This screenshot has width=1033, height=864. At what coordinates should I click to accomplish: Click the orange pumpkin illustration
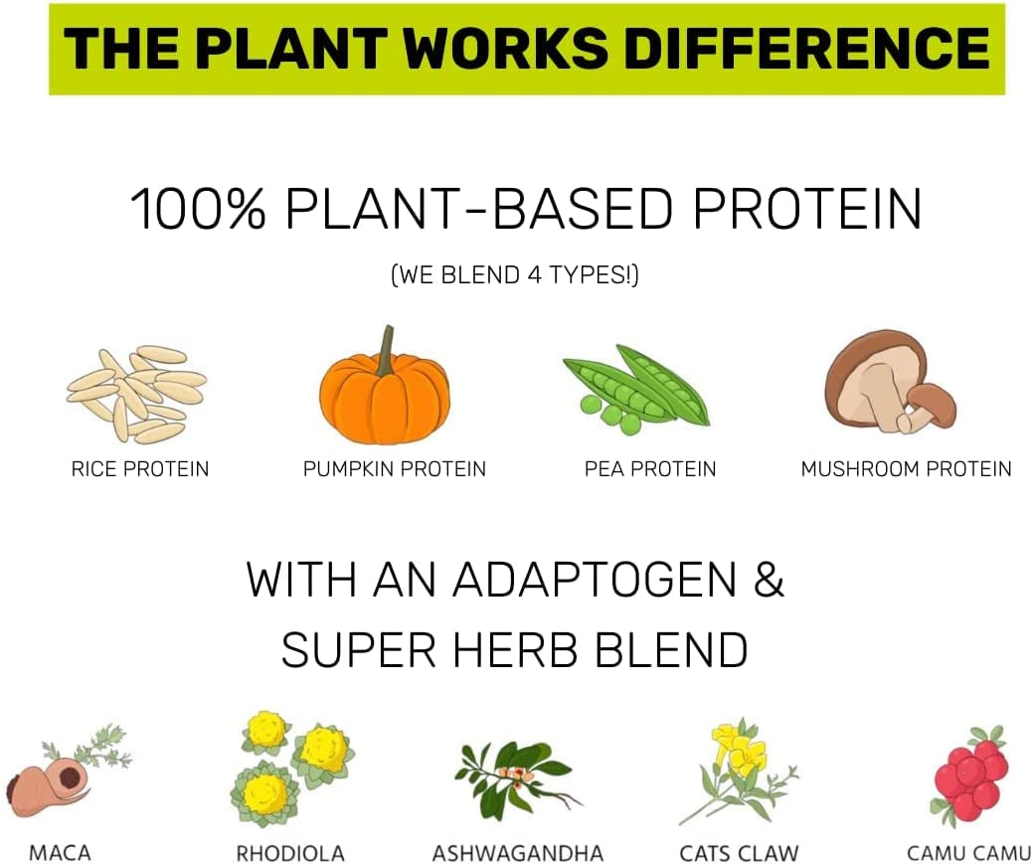tap(385, 398)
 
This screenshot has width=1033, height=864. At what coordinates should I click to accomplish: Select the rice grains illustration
tap(136, 393)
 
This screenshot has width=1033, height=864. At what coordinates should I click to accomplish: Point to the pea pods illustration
tap(634, 390)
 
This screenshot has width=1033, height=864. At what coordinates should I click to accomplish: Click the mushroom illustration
tap(890, 381)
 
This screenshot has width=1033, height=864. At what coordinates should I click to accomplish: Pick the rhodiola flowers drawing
tap(292, 768)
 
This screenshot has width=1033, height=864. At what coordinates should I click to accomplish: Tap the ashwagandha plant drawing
tap(518, 778)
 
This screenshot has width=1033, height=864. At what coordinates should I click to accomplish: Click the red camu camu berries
tap(968, 776)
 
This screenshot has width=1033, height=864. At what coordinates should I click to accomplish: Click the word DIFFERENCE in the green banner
tap(806, 49)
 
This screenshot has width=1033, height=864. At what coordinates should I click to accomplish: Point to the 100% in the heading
tap(198, 209)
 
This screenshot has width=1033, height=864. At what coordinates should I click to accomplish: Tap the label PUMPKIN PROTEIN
tap(394, 468)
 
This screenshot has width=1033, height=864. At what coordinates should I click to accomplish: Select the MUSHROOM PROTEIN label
tap(906, 468)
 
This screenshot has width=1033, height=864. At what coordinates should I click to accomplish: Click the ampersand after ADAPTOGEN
tap(769, 579)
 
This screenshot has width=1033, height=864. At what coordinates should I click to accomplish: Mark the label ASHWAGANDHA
tap(518, 853)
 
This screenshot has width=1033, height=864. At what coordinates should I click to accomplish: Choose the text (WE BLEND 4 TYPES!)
tap(515, 274)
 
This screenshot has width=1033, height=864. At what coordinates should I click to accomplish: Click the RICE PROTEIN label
tap(139, 468)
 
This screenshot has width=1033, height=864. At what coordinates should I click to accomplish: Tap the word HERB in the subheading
tap(516, 649)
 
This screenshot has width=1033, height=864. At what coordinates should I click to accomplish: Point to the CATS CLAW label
tap(739, 853)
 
